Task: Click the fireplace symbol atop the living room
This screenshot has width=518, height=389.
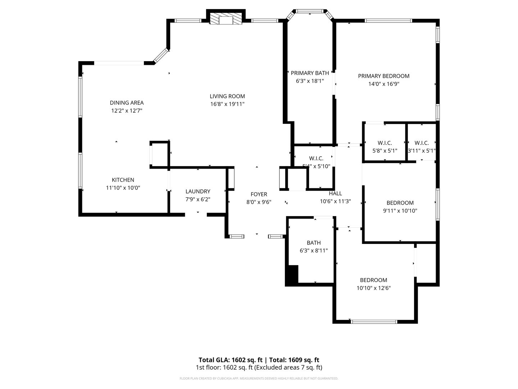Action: tap(226, 19)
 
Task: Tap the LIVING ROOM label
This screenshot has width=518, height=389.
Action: tap(227, 96)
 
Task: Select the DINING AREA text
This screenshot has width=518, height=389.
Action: tap(127, 103)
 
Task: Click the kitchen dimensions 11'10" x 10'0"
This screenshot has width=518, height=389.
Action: tap(123, 188)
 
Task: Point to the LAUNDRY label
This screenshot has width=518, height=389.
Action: tap(198, 191)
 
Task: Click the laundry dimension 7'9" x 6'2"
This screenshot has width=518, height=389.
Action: tap(198, 199)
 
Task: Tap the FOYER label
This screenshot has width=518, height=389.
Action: tap(259, 194)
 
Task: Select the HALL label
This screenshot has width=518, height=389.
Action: tap(335, 193)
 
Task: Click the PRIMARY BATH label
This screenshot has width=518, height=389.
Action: tap(310, 73)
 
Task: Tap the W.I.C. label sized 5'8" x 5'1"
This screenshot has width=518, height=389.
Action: tap(385, 143)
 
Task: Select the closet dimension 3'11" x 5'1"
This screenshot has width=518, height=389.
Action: tap(422, 151)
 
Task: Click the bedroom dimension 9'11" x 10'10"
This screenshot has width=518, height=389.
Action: tap(400, 211)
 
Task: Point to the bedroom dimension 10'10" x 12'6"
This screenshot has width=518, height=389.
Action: tap(373, 288)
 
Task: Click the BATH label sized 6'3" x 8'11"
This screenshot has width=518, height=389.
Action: tap(314, 243)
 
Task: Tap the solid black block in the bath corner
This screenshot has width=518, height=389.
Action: tap(292, 275)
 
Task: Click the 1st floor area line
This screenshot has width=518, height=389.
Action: tap(259, 367)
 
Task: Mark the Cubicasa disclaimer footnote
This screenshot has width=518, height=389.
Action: tap(259, 379)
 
